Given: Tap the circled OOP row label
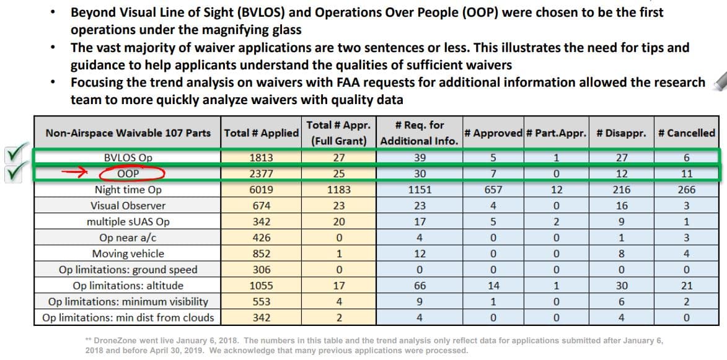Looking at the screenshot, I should pos(128,174).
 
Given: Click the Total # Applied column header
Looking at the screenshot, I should pos(261,133).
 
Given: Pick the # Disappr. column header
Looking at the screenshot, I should pos(621,133).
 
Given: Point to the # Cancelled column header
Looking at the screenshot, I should pos(686,133).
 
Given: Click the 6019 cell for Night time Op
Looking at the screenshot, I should pos(260,190).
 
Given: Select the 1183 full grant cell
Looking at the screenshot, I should pos(338,190).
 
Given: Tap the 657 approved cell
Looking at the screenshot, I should pos(493,190).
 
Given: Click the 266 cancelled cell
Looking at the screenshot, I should pos(686,190).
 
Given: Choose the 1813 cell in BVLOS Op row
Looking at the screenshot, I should pos(260,158).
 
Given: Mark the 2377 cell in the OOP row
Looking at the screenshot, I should pos(260,174).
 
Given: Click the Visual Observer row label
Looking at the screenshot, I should pos(128,206).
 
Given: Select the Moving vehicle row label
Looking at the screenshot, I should pos(128,253).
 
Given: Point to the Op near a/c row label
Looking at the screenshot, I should pos(128,238).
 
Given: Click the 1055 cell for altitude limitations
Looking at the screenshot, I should pos(260,286).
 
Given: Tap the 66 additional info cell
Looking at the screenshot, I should pos(419,286).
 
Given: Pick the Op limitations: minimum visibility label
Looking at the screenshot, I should pos(128,302).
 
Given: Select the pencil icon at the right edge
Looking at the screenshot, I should pos(720,81).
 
